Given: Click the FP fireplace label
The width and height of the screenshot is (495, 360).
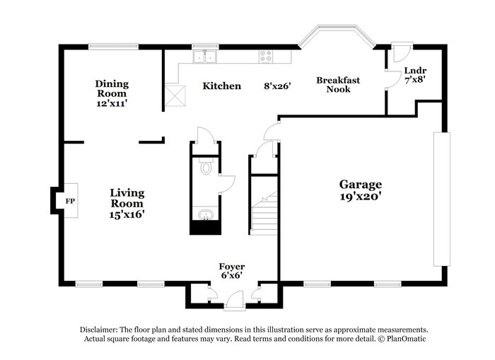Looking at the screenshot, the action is pos(70,201).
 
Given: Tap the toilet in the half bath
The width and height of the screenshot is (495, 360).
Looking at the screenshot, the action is pos(206,166).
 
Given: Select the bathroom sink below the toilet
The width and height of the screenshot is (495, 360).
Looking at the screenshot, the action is pos(206,215).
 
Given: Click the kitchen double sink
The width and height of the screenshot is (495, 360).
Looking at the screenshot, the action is pos(205,57).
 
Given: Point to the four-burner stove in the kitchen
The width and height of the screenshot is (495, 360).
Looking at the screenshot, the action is pos(266,57).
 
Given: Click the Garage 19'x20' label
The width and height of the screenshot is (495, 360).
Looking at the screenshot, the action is pos(361,190).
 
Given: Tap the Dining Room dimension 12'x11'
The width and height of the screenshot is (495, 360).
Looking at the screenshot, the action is pos(112,103).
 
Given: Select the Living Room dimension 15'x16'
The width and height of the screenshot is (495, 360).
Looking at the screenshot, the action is pos(127,214).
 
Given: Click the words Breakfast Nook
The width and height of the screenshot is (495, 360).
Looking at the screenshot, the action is pos(338,85).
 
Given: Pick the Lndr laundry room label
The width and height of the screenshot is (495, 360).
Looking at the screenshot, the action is pos(415,71).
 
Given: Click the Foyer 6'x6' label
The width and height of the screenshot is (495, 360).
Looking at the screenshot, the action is pos(232,271).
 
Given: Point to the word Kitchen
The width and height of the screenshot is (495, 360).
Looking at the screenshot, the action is pos(221,86).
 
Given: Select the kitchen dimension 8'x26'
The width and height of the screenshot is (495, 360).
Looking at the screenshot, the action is pos(277,86).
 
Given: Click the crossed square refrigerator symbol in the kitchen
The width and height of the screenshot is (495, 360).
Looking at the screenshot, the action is pos(175,95).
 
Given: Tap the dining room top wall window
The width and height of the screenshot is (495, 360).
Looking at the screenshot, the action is pos(113,47).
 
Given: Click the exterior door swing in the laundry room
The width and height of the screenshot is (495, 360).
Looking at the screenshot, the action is pos(402,52).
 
